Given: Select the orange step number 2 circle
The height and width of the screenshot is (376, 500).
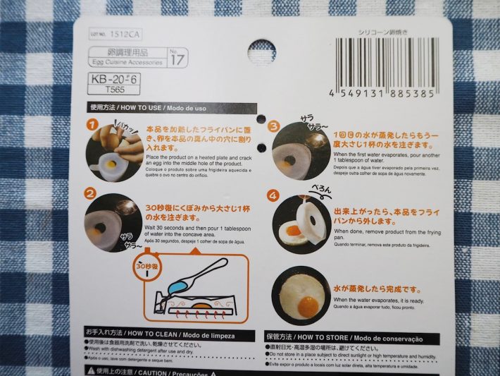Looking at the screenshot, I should tap(91, 193).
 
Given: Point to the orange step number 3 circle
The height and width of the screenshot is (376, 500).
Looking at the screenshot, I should tap(275, 126).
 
